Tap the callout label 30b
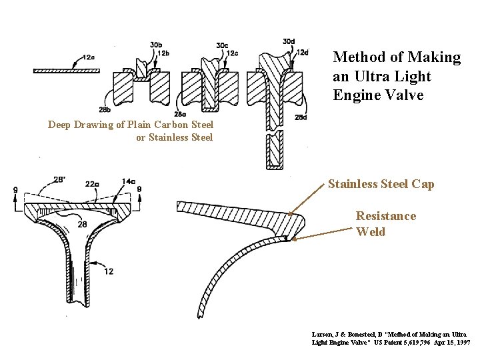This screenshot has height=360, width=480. [x=156, y=45]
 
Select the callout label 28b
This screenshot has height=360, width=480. [x=105, y=109]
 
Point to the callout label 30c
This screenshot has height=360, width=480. [x=222, y=45]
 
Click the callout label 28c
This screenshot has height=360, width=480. [x=180, y=114]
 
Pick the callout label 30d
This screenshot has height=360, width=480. [x=289, y=41]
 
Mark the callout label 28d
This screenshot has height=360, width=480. [x=301, y=118]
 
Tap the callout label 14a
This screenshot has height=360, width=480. [x=128, y=182]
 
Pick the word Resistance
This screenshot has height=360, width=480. [x=385, y=216]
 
